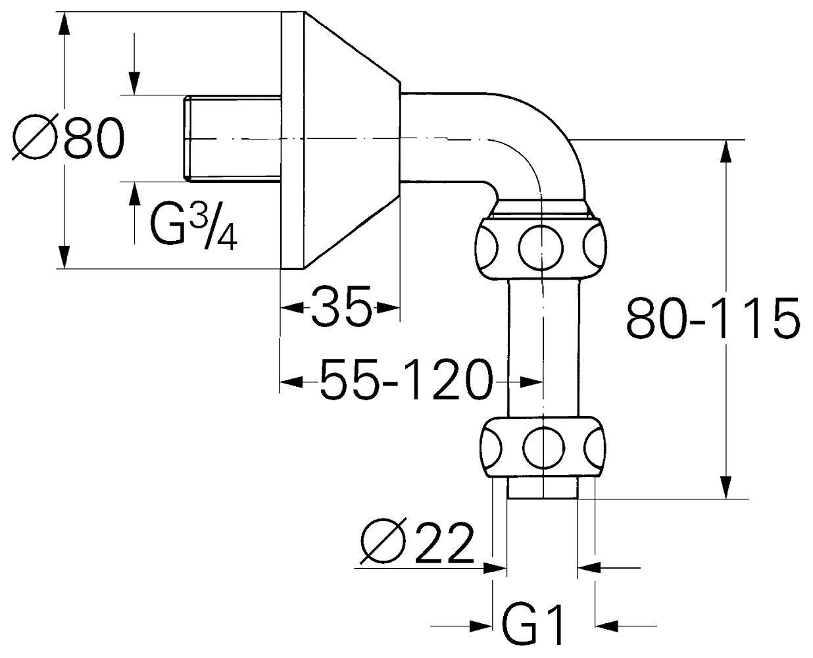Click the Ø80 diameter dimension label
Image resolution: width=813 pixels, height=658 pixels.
(x=68, y=137)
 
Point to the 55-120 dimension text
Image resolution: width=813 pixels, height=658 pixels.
(x=406, y=380)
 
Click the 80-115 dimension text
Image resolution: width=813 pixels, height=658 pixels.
(x=713, y=318)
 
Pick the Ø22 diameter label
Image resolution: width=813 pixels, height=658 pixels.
(x=417, y=543)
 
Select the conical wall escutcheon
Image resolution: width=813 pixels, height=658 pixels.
(x=341, y=140)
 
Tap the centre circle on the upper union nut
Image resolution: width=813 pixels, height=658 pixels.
(x=541, y=248)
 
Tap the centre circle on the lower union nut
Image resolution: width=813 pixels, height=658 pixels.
(x=543, y=447)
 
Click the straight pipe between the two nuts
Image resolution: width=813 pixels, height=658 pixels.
(x=543, y=348)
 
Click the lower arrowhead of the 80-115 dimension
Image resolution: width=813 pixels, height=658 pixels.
(x=726, y=488)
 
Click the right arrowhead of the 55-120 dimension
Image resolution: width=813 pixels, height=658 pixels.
(x=531, y=382)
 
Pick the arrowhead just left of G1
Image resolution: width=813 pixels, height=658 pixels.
(x=481, y=626)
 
